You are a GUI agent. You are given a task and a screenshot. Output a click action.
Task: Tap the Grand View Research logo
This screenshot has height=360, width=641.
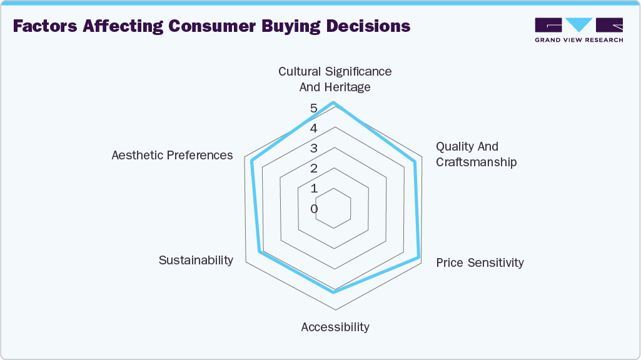(578, 30)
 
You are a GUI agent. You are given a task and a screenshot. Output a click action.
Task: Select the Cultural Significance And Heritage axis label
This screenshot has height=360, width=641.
(335, 79)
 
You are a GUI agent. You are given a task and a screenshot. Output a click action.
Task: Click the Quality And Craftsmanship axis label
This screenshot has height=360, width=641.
(476, 154)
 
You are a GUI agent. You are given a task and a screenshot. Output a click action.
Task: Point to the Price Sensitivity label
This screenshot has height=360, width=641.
(480, 262)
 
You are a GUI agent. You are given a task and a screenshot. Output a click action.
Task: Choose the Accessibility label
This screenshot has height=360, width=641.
(335, 327)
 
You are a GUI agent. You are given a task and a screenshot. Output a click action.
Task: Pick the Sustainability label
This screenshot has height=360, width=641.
(196, 260)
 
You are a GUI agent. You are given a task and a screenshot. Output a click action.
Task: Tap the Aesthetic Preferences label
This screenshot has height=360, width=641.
(172, 155)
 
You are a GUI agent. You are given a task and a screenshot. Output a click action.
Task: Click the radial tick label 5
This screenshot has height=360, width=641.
(314, 109)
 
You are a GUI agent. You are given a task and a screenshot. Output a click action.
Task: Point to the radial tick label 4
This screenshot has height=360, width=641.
(314, 129)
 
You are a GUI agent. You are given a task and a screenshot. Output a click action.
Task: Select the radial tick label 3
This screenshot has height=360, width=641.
(314, 149)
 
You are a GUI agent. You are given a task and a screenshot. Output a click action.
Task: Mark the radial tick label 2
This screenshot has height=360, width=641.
(314, 169)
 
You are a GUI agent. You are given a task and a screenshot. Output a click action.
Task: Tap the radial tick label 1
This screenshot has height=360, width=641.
(314, 189)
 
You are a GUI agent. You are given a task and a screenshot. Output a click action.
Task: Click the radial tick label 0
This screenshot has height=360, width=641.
(314, 209)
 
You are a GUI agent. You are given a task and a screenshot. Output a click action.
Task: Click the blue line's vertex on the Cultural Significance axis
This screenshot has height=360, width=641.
(335, 102)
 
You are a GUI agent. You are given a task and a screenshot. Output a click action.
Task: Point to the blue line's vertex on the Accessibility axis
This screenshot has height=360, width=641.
(335, 292)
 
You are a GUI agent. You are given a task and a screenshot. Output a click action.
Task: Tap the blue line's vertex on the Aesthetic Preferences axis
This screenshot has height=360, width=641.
(252, 161)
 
